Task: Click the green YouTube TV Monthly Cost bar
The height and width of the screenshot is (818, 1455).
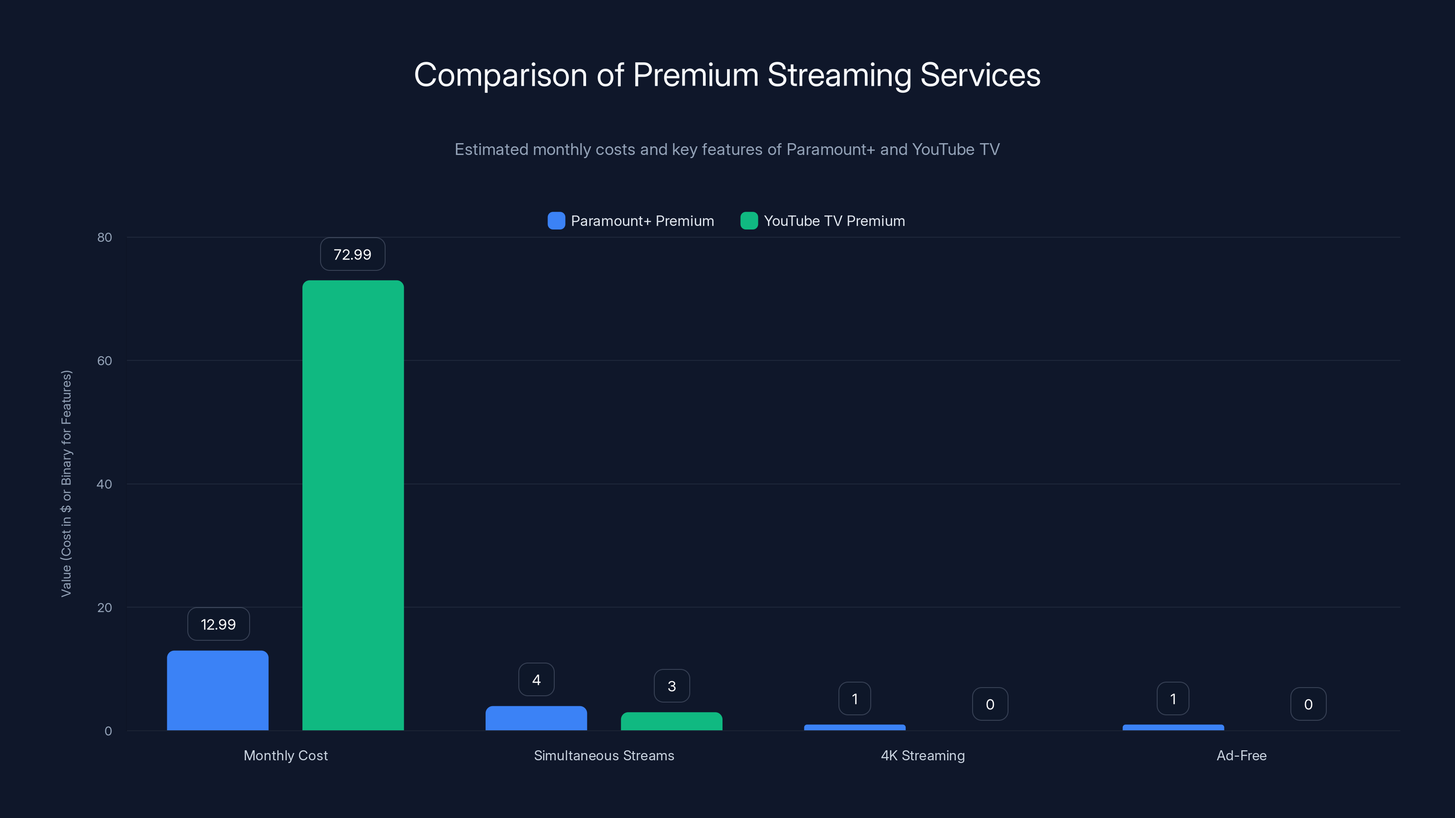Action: tap(353, 505)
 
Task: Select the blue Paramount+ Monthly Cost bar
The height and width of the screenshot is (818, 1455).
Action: tap(217, 690)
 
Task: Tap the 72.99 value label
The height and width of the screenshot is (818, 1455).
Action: tap(352, 254)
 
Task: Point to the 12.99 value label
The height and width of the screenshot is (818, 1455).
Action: tap(218, 624)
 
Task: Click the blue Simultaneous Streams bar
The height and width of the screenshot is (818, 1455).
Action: tap(536, 718)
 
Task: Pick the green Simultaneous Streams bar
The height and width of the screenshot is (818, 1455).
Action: tap(671, 722)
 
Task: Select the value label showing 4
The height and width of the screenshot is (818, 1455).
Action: tap(536, 680)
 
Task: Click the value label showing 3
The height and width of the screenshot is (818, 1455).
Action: tap(672, 686)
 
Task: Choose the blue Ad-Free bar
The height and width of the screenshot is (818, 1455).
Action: tap(1173, 728)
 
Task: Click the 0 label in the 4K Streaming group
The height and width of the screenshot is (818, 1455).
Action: tap(989, 704)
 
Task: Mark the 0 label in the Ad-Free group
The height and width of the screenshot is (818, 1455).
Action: tap(1308, 704)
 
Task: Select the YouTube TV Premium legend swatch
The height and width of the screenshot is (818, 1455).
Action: tap(749, 221)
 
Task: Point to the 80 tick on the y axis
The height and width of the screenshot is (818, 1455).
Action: tap(105, 238)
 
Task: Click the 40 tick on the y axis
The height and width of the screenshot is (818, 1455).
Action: tap(105, 484)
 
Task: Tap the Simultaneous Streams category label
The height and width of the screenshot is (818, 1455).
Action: tap(604, 755)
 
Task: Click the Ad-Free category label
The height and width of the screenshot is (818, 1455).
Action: tap(1241, 755)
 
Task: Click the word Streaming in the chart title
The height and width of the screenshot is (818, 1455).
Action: tap(839, 75)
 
